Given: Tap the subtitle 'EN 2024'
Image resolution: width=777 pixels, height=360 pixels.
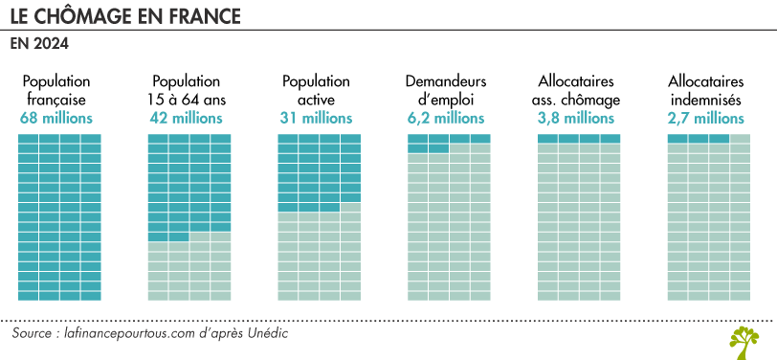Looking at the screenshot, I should tap(39, 44).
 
